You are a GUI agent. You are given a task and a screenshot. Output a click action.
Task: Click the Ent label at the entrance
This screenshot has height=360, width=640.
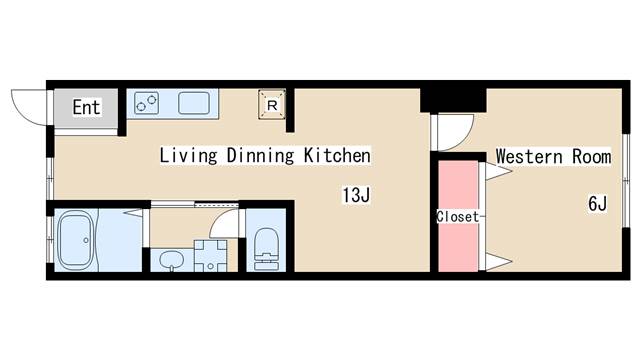coord(86,107)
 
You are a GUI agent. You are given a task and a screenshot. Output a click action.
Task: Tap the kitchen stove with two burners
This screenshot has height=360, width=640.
coord(147,102)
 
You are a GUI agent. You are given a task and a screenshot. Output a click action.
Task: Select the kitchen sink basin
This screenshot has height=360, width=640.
coord(194,103)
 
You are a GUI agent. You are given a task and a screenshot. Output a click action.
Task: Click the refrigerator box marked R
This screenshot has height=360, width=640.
coord(272,105)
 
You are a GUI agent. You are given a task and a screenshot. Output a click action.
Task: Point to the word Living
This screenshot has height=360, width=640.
coord(188,156)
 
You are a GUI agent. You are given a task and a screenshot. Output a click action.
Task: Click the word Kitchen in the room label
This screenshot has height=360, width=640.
coord(337,155)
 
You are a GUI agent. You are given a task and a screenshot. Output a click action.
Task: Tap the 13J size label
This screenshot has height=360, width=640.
coord(356,195)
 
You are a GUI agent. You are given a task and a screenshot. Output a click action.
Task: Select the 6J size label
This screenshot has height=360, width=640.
coord(598,203)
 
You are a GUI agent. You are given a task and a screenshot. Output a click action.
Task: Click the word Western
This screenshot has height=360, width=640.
coord(530,156)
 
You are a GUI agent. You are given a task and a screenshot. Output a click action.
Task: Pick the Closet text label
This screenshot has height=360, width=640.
coord(458,216)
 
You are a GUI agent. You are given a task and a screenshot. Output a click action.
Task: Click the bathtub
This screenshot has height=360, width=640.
coord(74,241)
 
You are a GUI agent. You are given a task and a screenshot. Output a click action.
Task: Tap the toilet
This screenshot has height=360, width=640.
coord(266,249)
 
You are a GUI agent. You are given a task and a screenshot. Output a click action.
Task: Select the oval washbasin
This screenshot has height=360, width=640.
coord(172,259)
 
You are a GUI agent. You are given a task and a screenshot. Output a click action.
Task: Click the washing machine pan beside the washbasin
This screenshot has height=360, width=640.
coord(210,256)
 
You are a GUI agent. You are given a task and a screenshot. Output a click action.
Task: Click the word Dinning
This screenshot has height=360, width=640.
coord(260,156)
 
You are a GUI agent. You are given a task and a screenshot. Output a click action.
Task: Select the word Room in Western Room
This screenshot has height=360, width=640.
coord(591,156)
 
